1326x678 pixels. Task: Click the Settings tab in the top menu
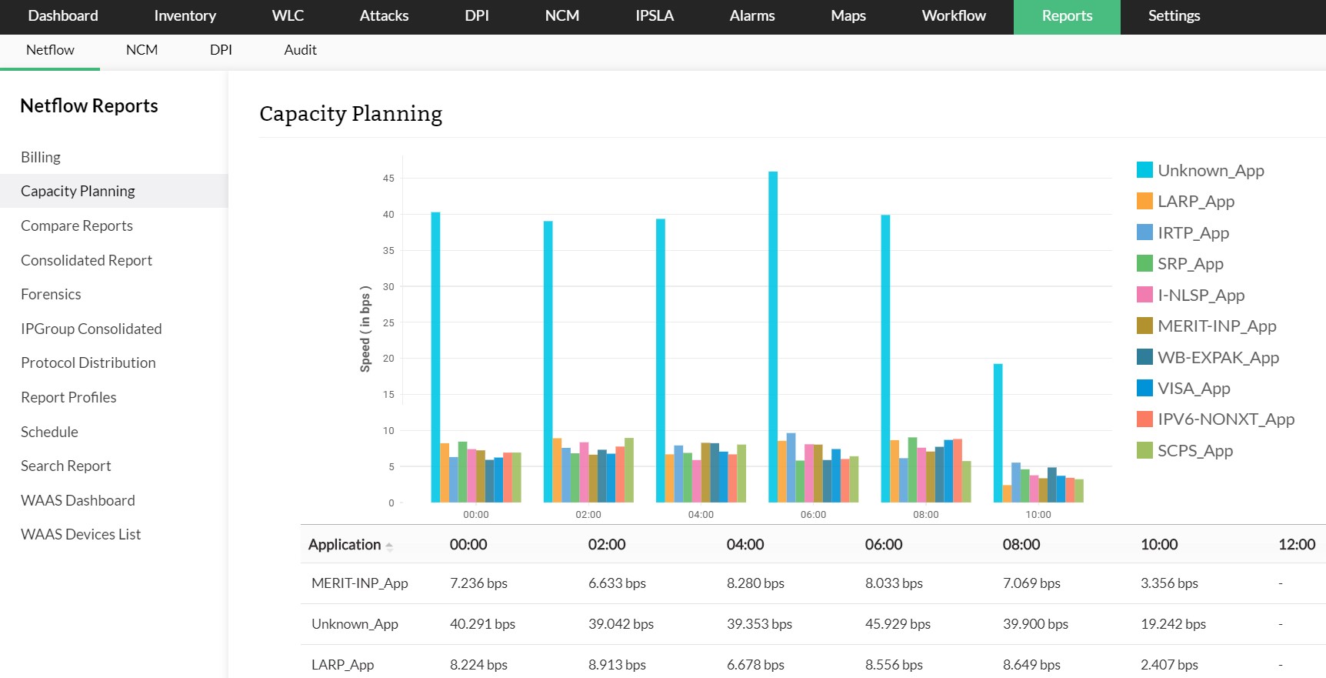pos(1174,16)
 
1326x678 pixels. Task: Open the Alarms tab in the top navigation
pos(751,16)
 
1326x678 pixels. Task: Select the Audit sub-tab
pos(300,50)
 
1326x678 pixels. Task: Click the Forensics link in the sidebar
pos(51,294)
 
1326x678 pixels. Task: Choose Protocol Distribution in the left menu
pos(88,362)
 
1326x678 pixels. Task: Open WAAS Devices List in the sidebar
pos(81,534)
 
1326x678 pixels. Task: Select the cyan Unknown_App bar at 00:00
pos(435,357)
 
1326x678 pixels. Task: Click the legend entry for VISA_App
pos(1193,389)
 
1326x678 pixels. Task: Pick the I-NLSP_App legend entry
pos(1200,295)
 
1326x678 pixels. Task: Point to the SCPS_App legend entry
pos(1194,451)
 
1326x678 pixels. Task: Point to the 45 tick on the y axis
pos(388,179)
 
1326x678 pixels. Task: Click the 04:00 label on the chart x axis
pos(701,515)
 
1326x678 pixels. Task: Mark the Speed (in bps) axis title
pos(365,329)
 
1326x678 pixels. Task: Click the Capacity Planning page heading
pos(351,114)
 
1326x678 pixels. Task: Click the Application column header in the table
pos(345,545)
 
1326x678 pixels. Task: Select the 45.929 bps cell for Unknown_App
pos(898,624)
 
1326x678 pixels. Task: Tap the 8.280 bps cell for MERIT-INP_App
pos(755,583)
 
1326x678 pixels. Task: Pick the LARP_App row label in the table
pos(342,665)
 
